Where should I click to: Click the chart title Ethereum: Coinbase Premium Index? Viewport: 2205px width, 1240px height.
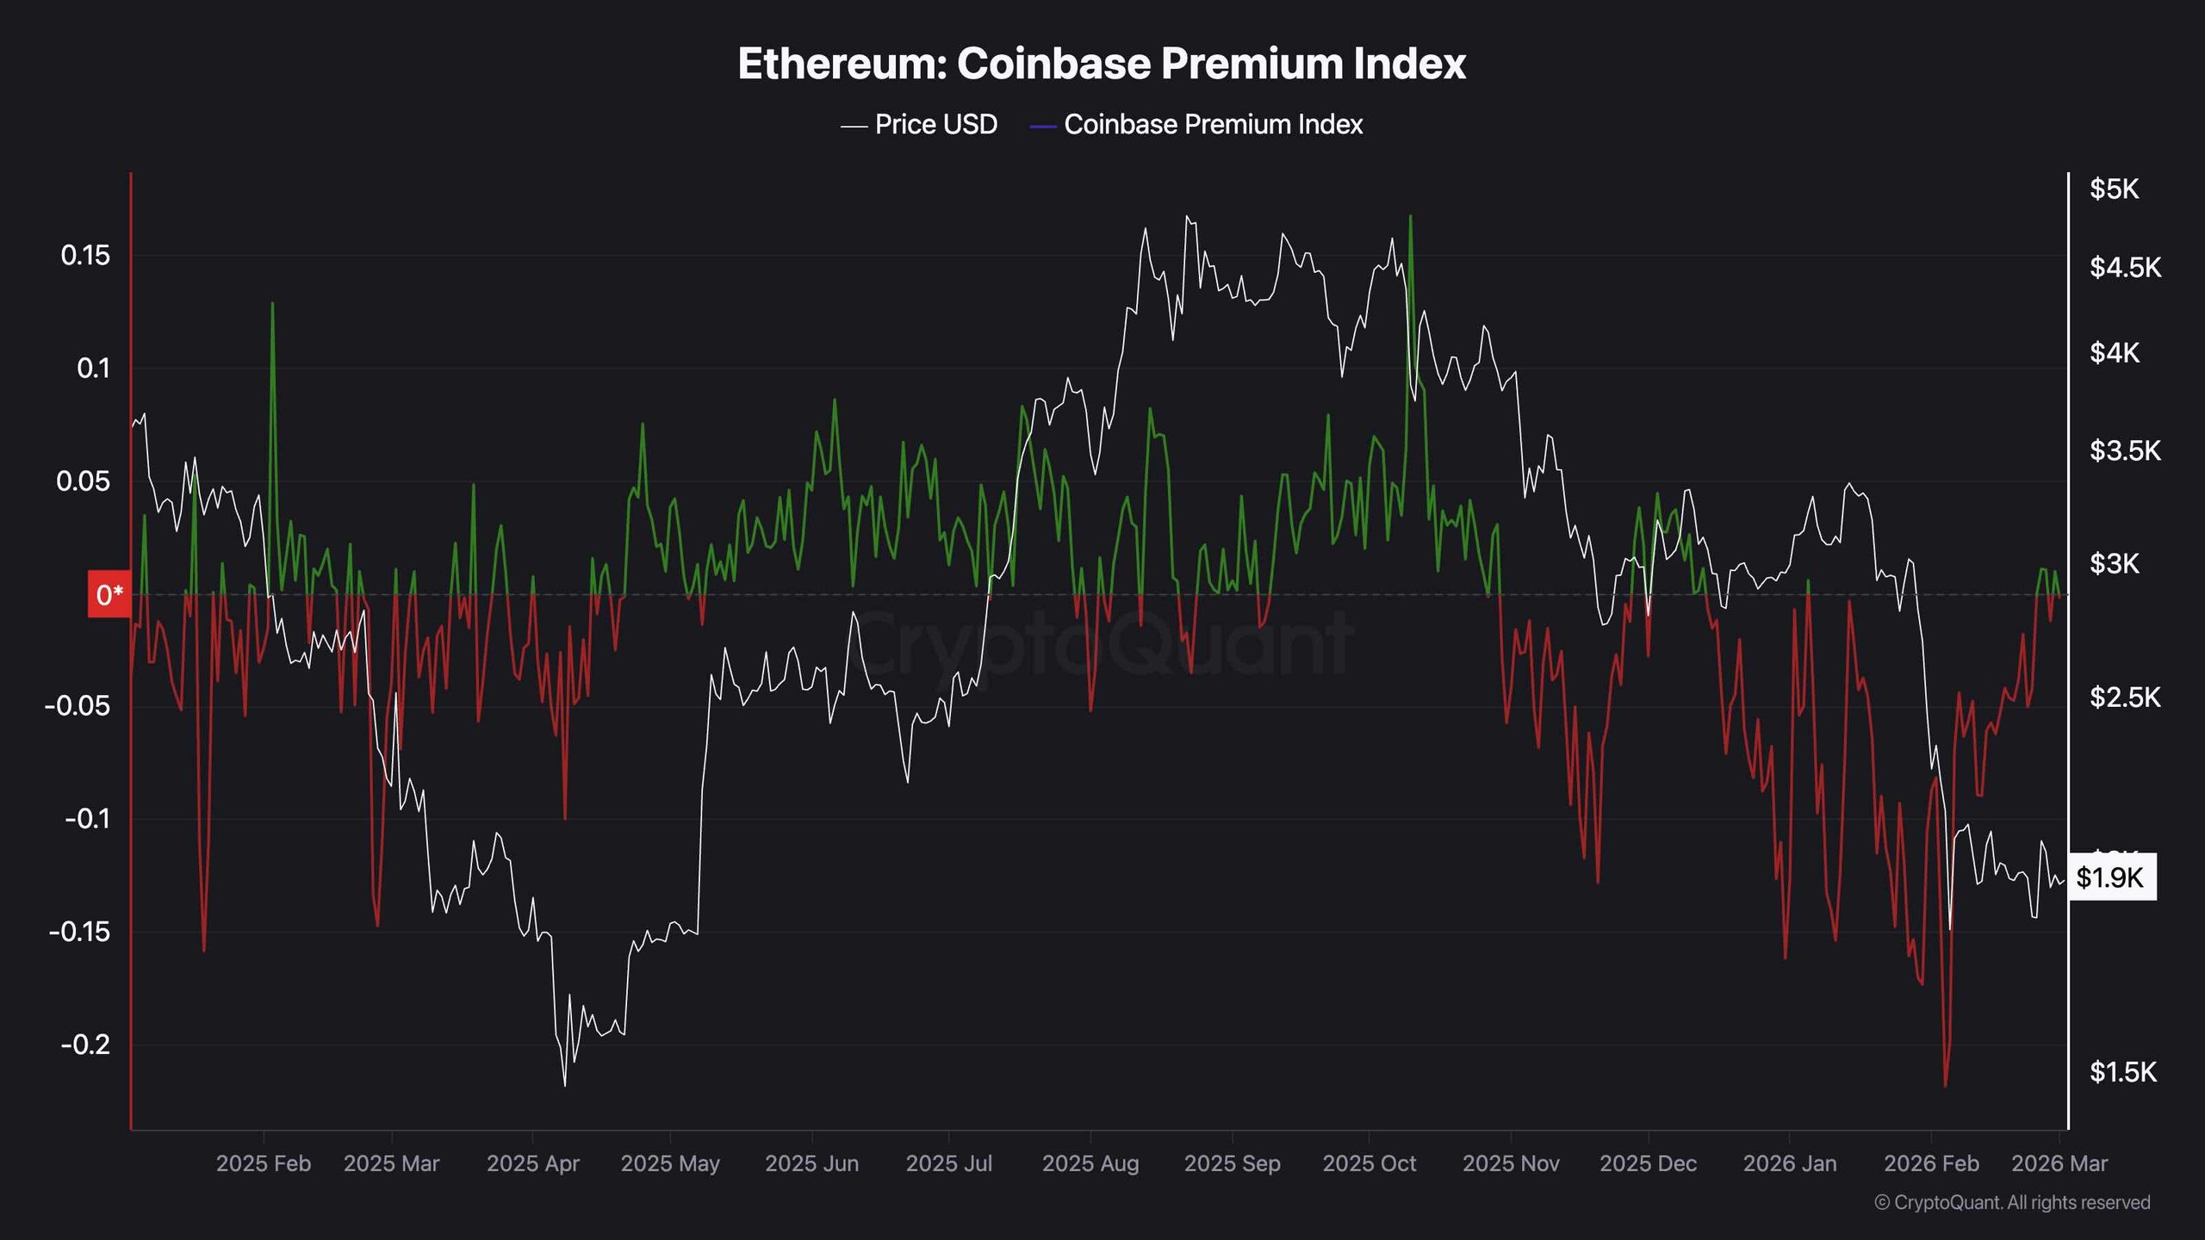point(1102,64)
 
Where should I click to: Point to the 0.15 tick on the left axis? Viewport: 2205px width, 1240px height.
point(85,255)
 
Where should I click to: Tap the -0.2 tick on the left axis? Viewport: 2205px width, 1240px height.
point(85,1045)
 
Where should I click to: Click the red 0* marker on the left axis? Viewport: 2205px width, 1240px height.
point(109,594)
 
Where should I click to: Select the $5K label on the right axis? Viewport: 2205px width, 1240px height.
point(2114,189)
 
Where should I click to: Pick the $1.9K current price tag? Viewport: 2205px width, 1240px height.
point(2109,877)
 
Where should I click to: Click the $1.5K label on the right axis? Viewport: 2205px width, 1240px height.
point(2123,1072)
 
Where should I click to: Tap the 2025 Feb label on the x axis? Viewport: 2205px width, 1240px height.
point(263,1163)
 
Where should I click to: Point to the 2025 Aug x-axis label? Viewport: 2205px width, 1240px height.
point(1090,1163)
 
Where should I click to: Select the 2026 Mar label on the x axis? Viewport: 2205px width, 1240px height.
point(2059,1163)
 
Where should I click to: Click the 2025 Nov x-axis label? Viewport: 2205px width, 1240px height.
point(1511,1163)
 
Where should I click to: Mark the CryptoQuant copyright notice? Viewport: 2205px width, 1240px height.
point(2012,1202)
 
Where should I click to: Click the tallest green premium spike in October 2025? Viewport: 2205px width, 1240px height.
point(1410,217)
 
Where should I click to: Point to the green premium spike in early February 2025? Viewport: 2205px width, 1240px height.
point(272,304)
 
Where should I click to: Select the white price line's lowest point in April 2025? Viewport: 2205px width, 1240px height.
point(565,1084)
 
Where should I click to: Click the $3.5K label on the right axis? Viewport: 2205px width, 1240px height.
point(2125,450)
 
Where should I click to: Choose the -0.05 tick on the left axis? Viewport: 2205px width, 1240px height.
point(78,706)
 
